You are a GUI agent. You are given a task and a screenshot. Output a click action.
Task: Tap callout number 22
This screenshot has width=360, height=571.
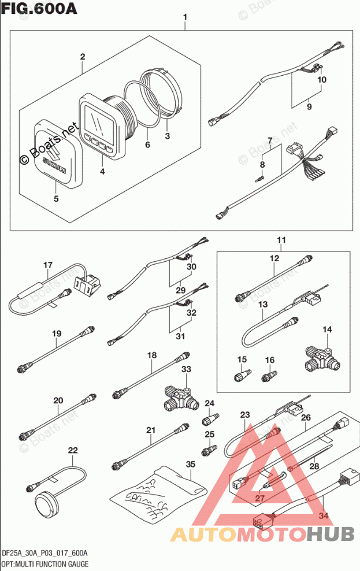pos(73,450)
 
